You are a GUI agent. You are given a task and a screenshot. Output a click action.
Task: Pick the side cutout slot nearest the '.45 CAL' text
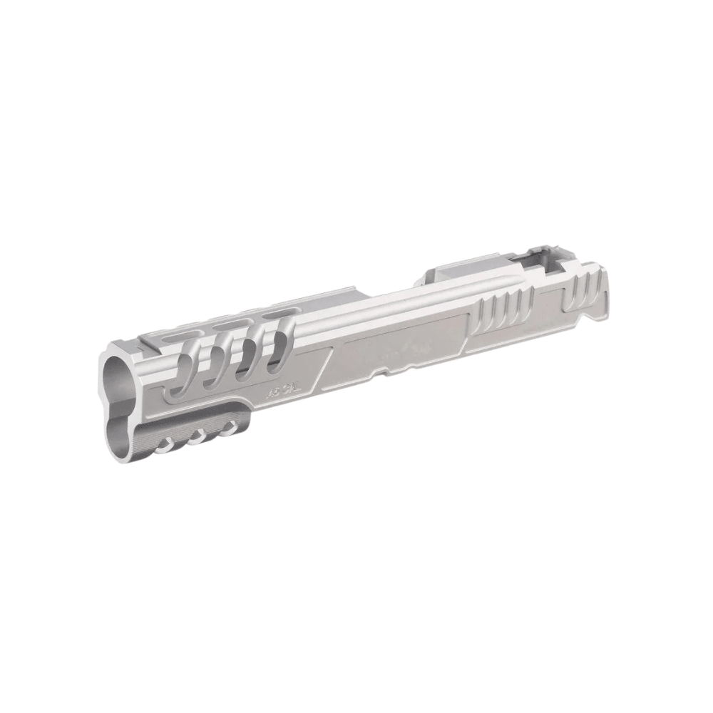tap(279, 346)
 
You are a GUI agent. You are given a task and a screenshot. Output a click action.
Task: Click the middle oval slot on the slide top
tap(230, 324)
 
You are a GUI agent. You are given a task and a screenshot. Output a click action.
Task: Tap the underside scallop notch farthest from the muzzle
tap(229, 429)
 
